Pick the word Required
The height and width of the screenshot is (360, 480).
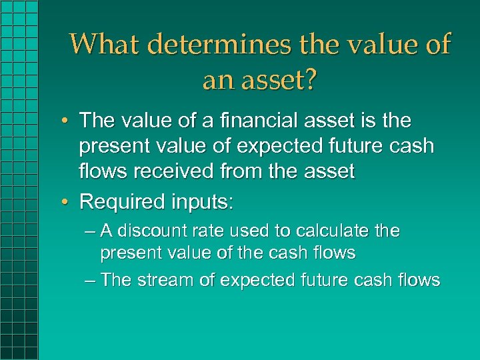point(123,201)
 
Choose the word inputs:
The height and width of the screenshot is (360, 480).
point(205,201)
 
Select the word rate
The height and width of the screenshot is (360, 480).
point(213,231)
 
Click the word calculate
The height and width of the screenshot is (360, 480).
point(328,231)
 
